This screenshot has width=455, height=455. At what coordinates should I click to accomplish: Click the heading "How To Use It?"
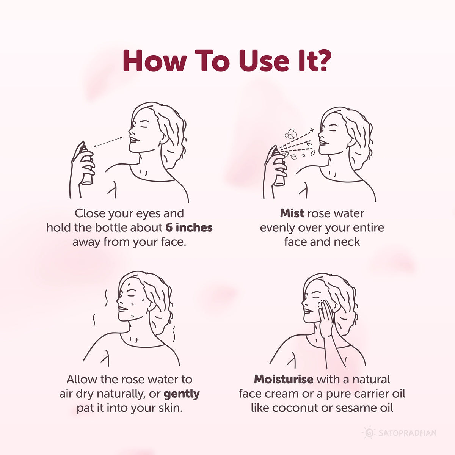tap(227, 61)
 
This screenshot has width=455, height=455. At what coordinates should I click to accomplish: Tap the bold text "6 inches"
tap(189, 227)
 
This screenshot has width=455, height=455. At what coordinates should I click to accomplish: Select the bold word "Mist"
tap(292, 213)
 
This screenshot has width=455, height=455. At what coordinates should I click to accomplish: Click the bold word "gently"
tap(182, 394)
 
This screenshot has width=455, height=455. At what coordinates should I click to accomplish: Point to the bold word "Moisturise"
tap(284, 379)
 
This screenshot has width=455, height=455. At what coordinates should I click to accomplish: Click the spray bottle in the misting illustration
tap(279, 167)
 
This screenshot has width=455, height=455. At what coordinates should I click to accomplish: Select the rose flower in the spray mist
tap(291, 133)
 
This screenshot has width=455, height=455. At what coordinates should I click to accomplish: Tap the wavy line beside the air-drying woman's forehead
tap(107, 298)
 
